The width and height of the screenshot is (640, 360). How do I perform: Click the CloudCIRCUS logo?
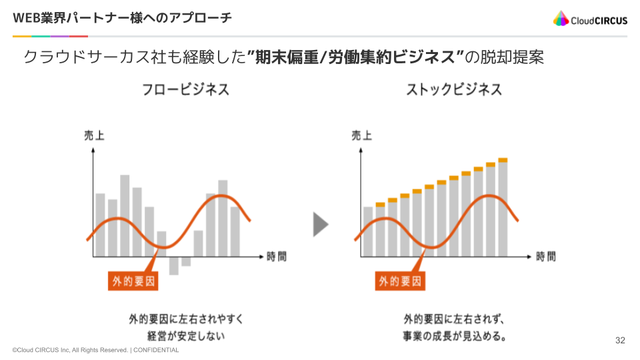(x=590, y=19)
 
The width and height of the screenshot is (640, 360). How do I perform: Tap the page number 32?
(x=620, y=341)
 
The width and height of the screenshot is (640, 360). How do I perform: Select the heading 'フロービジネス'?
(x=185, y=89)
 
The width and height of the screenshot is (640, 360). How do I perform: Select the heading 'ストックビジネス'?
(x=454, y=89)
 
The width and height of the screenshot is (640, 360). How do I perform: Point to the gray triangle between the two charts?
(x=321, y=225)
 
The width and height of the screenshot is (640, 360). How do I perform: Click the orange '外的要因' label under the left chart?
(x=133, y=281)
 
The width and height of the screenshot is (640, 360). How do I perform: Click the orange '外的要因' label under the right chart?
(x=401, y=281)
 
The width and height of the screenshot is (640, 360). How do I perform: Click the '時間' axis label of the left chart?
(x=276, y=256)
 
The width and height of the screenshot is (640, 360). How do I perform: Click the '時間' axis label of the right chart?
(x=545, y=256)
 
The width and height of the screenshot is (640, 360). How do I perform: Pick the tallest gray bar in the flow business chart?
(x=125, y=215)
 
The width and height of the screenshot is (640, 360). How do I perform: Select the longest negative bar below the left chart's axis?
(x=173, y=265)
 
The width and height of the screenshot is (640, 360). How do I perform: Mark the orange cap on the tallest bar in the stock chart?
(x=503, y=160)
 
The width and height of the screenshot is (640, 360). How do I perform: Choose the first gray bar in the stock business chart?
(x=368, y=231)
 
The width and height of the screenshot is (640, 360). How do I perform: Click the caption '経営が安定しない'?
(x=186, y=336)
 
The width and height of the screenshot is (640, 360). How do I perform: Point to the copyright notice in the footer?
(x=95, y=350)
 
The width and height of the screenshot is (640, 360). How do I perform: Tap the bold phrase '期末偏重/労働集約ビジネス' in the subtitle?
(x=355, y=57)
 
